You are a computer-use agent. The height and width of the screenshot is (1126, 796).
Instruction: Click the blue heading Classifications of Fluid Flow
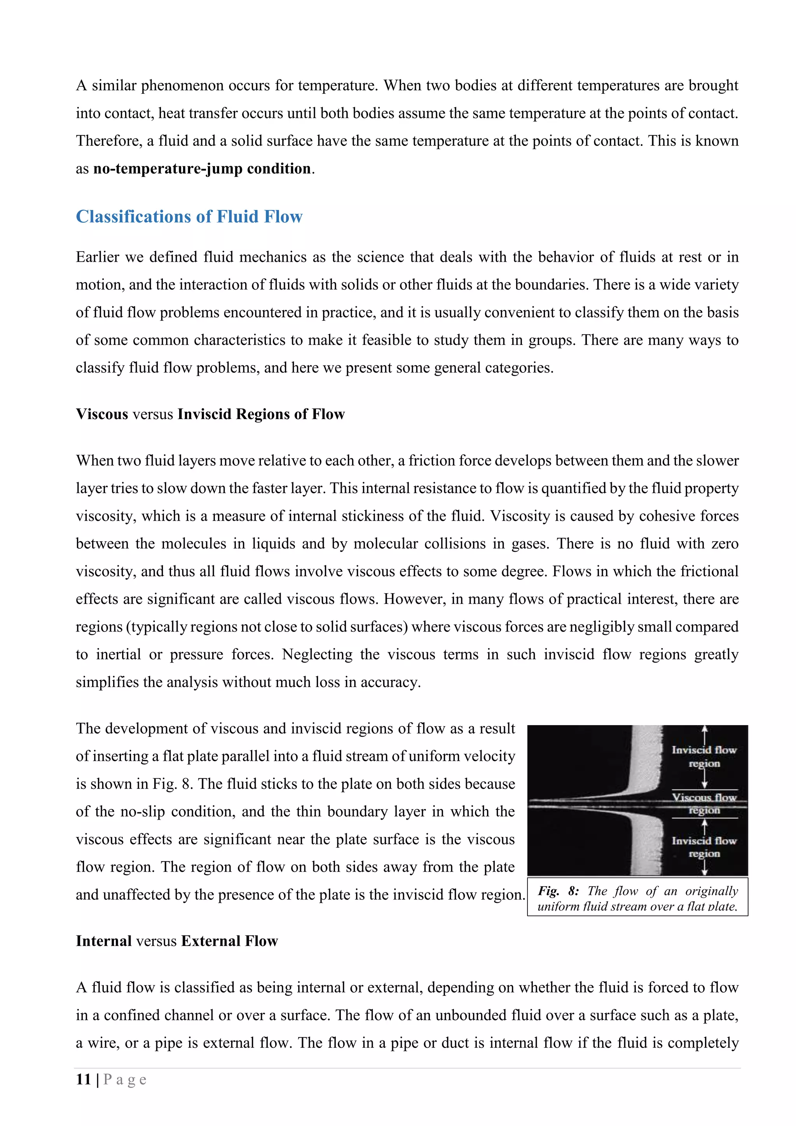pos(189,217)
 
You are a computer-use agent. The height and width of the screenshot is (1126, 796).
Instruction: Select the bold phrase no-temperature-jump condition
pos(202,169)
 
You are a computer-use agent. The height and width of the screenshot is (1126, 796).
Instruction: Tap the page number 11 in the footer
pos(83,1079)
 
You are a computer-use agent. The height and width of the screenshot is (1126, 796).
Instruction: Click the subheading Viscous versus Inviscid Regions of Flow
pos(210,414)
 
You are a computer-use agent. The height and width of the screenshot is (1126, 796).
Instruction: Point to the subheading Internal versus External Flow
pos(177,941)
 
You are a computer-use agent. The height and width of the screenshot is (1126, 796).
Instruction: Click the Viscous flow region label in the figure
pos(704,804)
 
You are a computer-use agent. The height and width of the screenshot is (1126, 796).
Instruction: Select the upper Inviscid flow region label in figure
pos(704,757)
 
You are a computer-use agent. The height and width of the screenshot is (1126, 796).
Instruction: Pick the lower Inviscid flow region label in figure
pos(704,847)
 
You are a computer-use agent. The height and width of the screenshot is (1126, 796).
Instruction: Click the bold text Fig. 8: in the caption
pos(558,891)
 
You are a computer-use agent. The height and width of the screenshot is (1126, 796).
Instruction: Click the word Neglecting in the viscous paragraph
pos(317,655)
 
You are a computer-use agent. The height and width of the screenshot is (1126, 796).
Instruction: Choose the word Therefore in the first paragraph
pos(108,141)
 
